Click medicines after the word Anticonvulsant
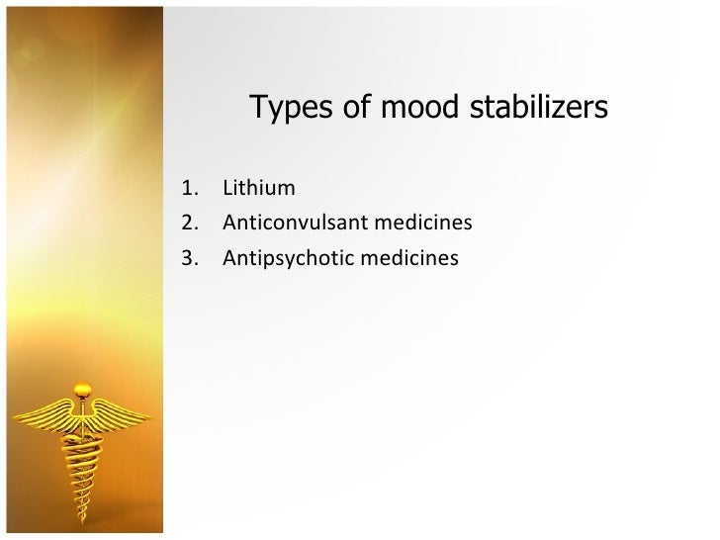423,223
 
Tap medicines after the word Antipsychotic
410,258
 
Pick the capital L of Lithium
227,188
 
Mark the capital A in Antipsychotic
229,258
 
